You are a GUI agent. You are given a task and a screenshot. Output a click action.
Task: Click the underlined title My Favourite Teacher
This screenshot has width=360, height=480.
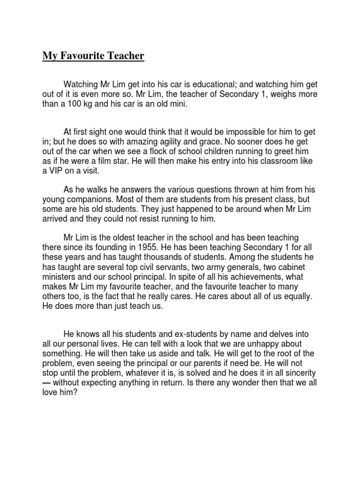point(93,57)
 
